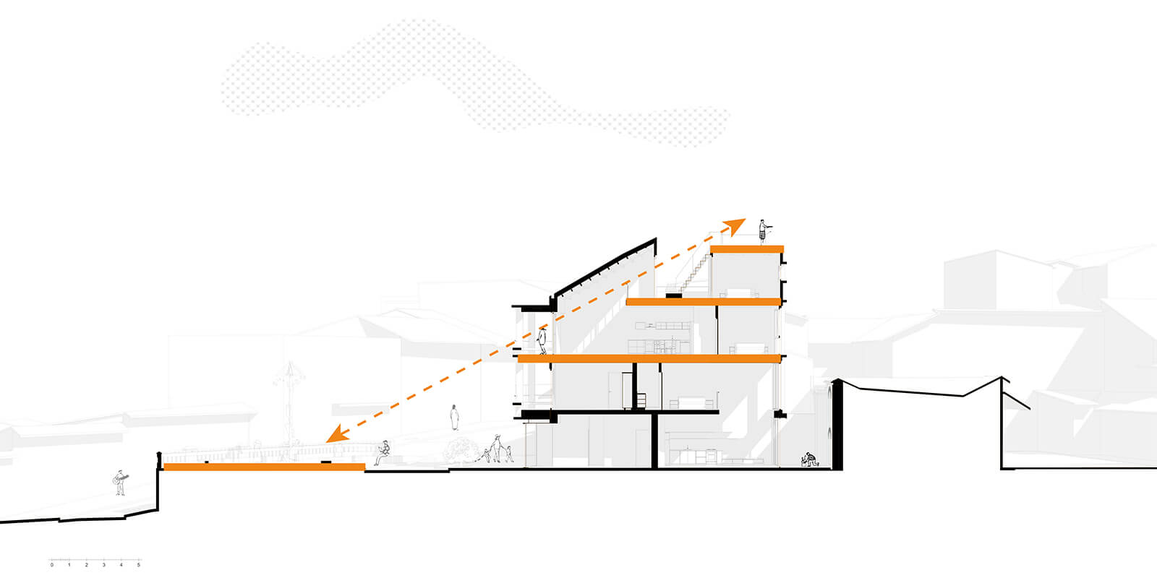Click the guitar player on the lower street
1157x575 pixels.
click(120, 483)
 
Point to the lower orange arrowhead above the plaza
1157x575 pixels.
click(337, 434)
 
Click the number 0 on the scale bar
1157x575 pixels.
click(51, 565)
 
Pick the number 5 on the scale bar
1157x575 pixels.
click(138, 565)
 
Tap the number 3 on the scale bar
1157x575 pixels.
click(104, 565)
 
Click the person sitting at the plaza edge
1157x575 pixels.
click(383, 453)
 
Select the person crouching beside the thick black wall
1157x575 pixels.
click(809, 459)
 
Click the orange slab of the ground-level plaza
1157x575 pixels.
click(264, 467)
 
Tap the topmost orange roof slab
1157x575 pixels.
click(747, 249)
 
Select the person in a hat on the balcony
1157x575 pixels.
click(542, 340)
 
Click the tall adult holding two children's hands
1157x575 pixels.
click(496, 448)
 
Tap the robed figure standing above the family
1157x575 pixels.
click(454, 418)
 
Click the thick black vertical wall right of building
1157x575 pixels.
click(837, 424)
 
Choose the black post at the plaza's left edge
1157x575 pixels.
click(159, 461)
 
